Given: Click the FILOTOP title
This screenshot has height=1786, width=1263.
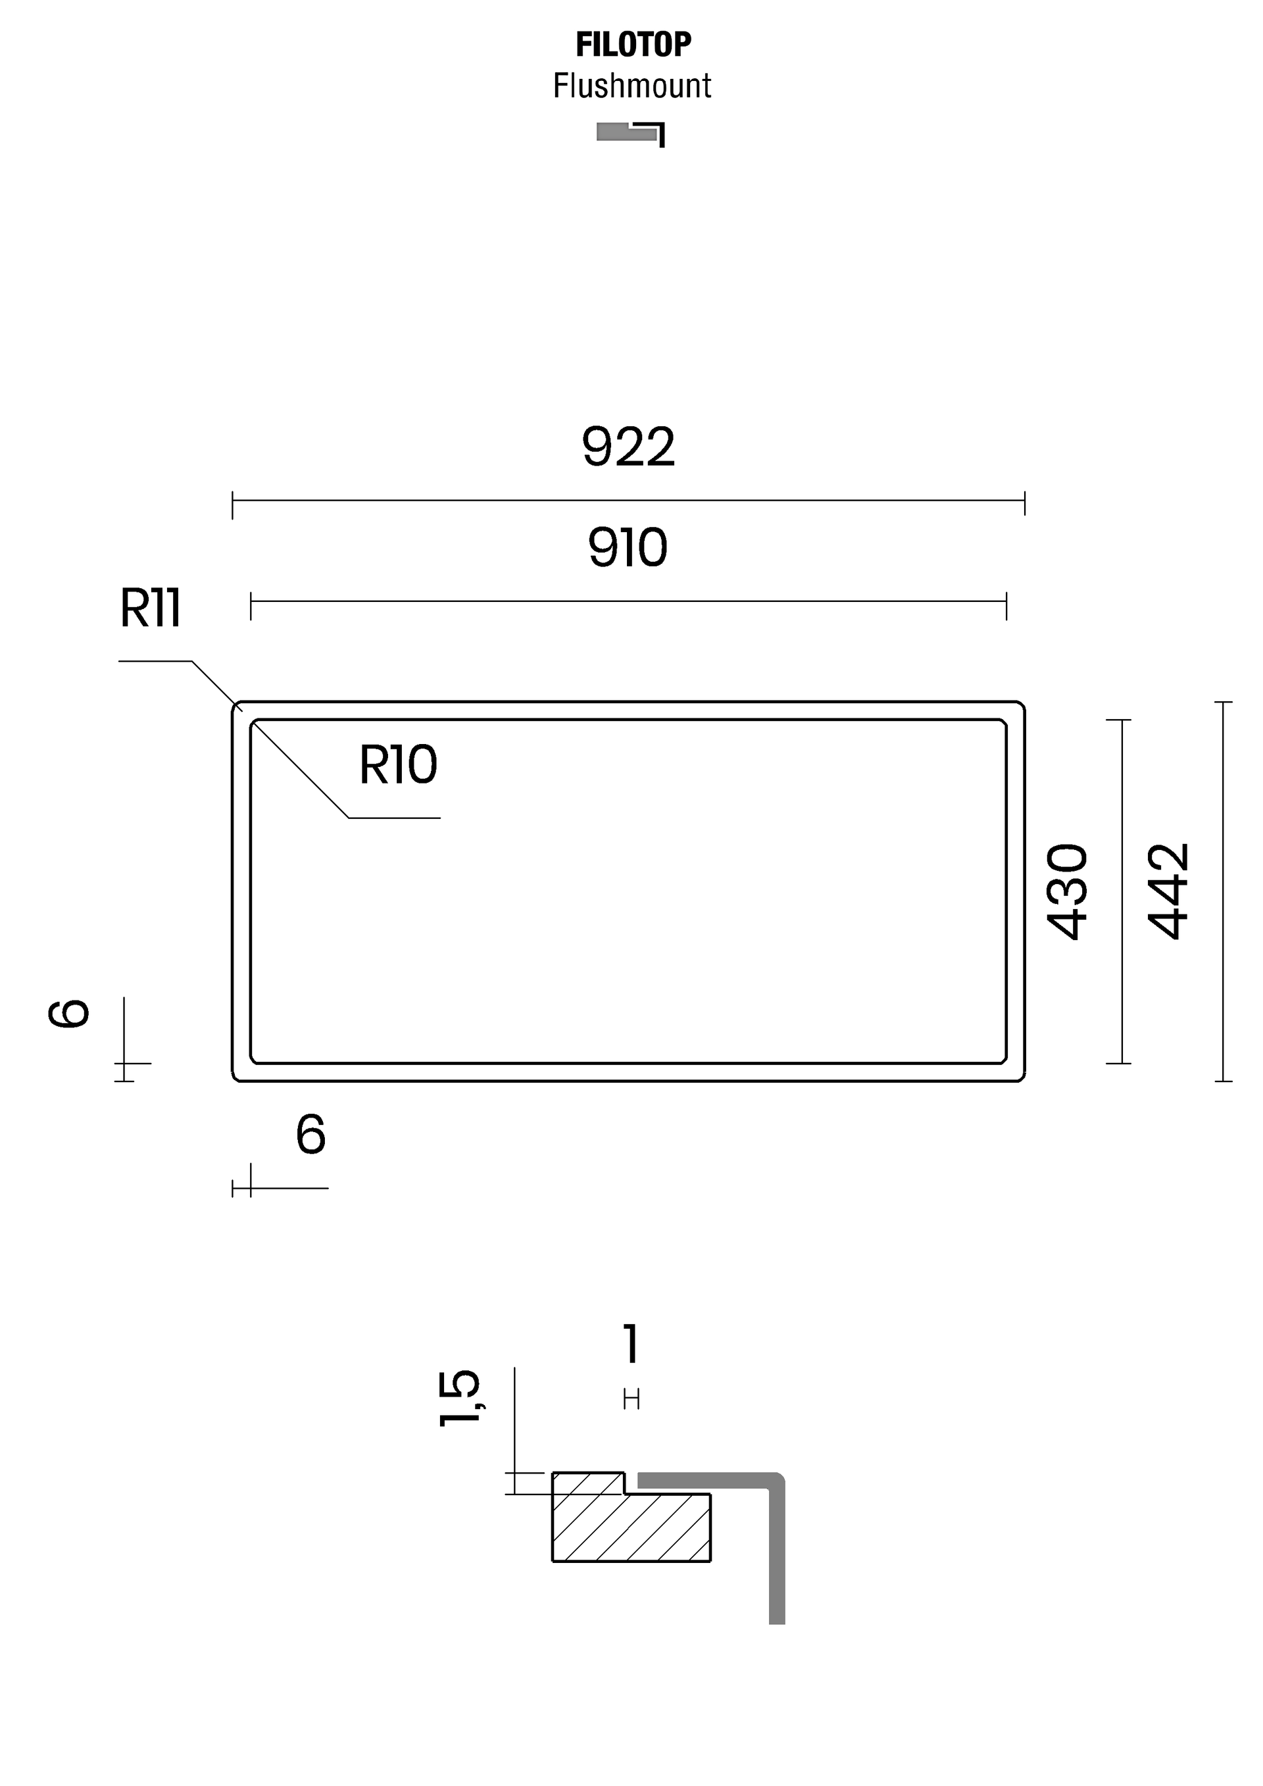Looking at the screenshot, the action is click(633, 45).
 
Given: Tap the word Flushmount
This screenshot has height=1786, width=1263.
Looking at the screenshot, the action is click(632, 86).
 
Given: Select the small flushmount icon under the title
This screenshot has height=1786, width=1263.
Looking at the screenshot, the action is click(631, 134).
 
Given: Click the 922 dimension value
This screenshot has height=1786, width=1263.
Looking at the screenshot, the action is click(628, 447).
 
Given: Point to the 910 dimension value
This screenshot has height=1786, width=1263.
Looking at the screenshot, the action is click(628, 547).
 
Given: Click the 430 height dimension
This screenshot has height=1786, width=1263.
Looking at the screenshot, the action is click(1067, 891).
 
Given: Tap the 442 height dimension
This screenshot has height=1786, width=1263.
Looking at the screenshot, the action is click(1168, 891).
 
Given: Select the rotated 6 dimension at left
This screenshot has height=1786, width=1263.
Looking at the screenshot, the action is click(68, 1014).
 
